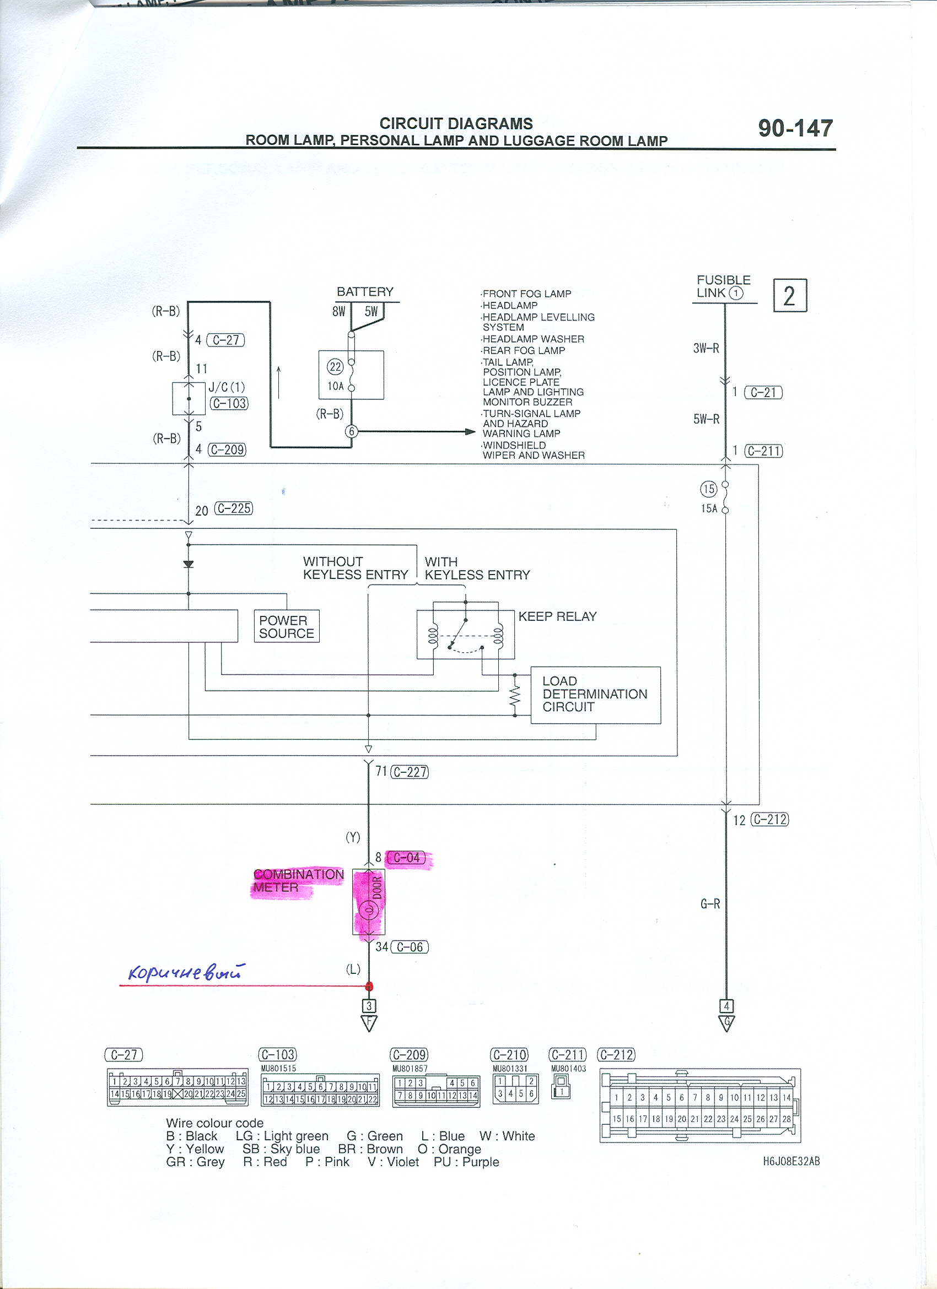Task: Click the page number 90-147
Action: click(795, 128)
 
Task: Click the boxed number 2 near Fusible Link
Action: click(790, 296)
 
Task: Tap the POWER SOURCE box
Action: click(287, 626)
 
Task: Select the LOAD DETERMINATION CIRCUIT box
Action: click(596, 695)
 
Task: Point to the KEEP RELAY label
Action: click(557, 616)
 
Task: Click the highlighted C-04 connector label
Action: click(407, 858)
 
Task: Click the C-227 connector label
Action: click(410, 772)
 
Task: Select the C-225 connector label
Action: click(234, 508)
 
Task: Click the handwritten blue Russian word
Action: click(186, 972)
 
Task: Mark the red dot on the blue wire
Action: click(369, 987)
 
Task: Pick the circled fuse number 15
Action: click(708, 489)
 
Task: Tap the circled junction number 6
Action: click(352, 431)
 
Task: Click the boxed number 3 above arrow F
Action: click(369, 1006)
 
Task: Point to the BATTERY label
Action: click(365, 292)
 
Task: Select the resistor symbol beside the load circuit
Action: click(515, 695)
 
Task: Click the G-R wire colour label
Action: click(710, 903)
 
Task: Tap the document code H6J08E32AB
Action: click(791, 1161)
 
